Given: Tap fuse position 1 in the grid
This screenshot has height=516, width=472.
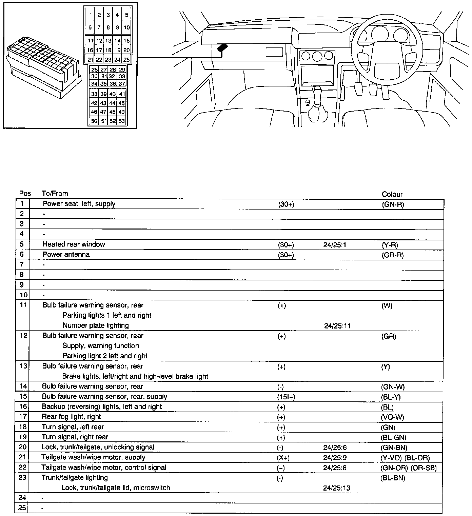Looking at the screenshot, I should pos(91,15).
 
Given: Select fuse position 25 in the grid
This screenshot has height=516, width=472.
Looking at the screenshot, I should pos(126,60).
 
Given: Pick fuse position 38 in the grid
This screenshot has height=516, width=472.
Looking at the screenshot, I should pos(94,94).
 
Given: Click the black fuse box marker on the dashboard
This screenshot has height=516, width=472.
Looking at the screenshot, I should pos(222,48).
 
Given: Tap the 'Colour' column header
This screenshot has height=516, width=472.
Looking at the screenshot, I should pos(392,194).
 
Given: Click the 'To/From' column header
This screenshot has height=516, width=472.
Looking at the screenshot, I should pos(55,194).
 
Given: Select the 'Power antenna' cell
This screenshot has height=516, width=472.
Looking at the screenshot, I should pos(66,254).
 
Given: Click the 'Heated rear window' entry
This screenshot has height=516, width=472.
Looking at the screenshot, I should pos(74,244).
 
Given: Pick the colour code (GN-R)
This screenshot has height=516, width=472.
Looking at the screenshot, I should pos(393,204).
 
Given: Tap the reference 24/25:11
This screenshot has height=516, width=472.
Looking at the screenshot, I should pos(337,326).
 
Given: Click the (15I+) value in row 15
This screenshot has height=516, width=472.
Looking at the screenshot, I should pos(286,397).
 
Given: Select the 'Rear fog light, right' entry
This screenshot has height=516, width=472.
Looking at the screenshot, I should pos(71,417).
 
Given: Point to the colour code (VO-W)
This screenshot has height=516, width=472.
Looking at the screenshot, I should pos(393,417).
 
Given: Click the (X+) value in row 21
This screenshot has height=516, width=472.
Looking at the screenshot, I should pos(283,458).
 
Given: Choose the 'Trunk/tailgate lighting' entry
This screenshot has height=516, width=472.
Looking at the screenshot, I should pos(75,477).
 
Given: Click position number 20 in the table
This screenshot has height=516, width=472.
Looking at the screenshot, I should pos(23,447).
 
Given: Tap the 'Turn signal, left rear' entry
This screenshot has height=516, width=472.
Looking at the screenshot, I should pos(73,427).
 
